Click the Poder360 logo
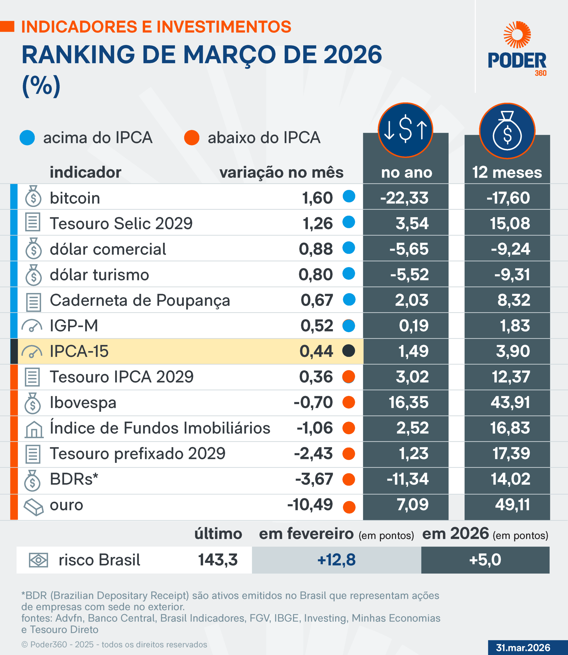pos(517,49)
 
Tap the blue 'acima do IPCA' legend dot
pos(27,138)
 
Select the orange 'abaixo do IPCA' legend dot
pos(192,138)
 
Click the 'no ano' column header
pos(406,173)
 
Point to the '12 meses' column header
pos(507,173)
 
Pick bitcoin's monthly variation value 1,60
pos(317,198)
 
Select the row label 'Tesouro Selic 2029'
pos(121,223)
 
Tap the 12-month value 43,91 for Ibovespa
pos(510,402)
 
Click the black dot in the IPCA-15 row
pos(349,351)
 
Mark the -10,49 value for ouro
pos(310,505)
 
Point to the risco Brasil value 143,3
pos(218,560)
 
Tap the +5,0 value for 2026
pos(485,560)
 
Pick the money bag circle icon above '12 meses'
pos(507,131)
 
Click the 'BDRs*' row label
pos(74,479)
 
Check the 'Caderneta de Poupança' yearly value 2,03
pos(411,300)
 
